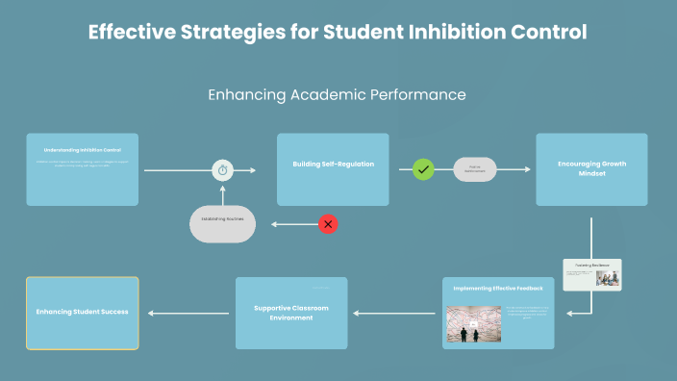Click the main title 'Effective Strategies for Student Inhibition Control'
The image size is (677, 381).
coord(338,32)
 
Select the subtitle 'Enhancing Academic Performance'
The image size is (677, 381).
coord(338,95)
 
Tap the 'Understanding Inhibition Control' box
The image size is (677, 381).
coord(82,168)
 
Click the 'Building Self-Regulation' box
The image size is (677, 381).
coord(333,168)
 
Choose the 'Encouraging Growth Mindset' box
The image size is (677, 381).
coord(591,168)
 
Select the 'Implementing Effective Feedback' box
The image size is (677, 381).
coord(498,313)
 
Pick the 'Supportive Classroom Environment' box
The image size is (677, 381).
coord(291,313)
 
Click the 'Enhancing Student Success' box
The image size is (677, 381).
coord(82,313)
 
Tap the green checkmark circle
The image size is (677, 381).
coord(423,169)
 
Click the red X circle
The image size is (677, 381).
coord(328,224)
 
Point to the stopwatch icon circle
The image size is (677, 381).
coord(223,170)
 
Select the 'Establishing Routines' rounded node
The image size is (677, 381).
coord(223,221)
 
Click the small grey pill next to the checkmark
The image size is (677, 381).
coord(474,169)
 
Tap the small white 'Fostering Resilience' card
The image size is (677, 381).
coord(592,274)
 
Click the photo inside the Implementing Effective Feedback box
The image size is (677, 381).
coord(470,323)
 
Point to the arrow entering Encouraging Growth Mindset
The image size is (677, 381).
coord(515,169)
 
